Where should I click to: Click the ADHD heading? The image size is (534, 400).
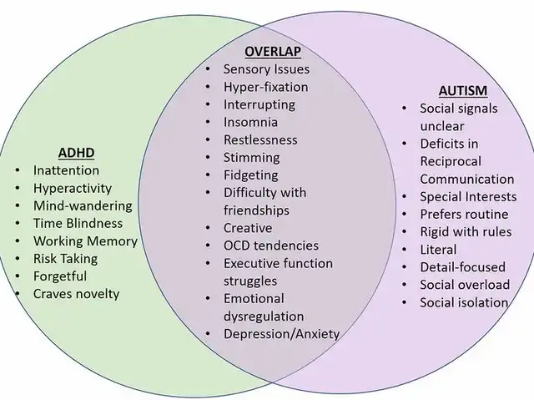pyautogui.click(x=76, y=153)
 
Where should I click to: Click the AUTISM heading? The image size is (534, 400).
pyautogui.click(x=463, y=89)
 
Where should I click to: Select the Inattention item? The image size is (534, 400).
pyautogui.click(x=66, y=170)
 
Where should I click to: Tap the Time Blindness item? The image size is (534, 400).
pyautogui.click(x=78, y=223)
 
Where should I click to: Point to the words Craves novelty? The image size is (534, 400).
pyautogui.click(x=77, y=293)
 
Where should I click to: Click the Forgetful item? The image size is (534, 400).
pyautogui.click(x=60, y=276)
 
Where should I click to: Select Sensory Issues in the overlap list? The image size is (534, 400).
pyautogui.click(x=266, y=69)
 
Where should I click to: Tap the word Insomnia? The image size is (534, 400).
pyautogui.click(x=251, y=122)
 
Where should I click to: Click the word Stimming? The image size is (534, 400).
pyautogui.click(x=251, y=157)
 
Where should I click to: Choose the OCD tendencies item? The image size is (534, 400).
pyautogui.click(x=270, y=246)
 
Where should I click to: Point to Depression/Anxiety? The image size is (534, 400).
pyautogui.click(x=281, y=334)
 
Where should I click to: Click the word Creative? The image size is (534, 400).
pyautogui.click(x=248, y=227)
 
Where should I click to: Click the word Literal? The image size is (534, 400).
pyautogui.click(x=438, y=249)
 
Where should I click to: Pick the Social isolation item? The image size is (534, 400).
pyautogui.click(x=463, y=302)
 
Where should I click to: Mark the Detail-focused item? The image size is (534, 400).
pyautogui.click(x=462, y=266)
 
